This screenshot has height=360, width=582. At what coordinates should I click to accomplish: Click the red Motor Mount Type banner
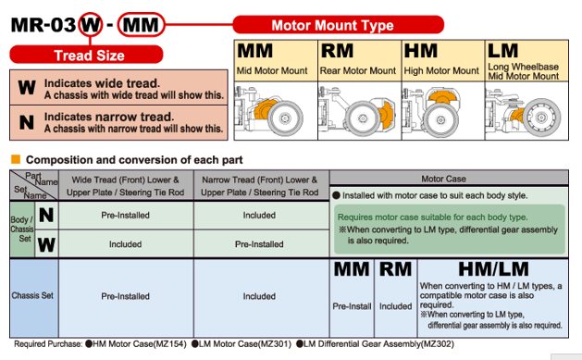338,25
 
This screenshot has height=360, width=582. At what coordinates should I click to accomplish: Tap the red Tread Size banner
86,55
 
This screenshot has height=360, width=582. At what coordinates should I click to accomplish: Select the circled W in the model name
90,25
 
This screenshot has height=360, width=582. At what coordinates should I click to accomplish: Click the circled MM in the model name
141,25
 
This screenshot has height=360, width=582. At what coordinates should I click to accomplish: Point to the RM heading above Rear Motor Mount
337,51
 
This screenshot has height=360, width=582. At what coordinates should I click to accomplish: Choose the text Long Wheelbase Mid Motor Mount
523,71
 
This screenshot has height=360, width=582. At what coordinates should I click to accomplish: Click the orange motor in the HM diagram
441,97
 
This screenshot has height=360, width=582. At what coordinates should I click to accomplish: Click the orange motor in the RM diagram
385,113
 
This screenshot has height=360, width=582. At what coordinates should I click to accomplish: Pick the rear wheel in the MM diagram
285,118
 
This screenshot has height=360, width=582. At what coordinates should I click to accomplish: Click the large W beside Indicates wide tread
27,88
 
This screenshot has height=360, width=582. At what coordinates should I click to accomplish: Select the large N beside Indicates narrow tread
27,122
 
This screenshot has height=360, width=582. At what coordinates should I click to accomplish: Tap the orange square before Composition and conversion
16,159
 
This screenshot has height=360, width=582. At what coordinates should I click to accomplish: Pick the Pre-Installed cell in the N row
126,216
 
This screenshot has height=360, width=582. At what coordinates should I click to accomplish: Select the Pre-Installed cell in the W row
259,244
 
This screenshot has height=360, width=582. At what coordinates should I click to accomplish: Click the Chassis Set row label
32,295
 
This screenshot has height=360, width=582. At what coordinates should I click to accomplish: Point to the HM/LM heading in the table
493,269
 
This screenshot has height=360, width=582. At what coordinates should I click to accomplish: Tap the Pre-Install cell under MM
352,306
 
